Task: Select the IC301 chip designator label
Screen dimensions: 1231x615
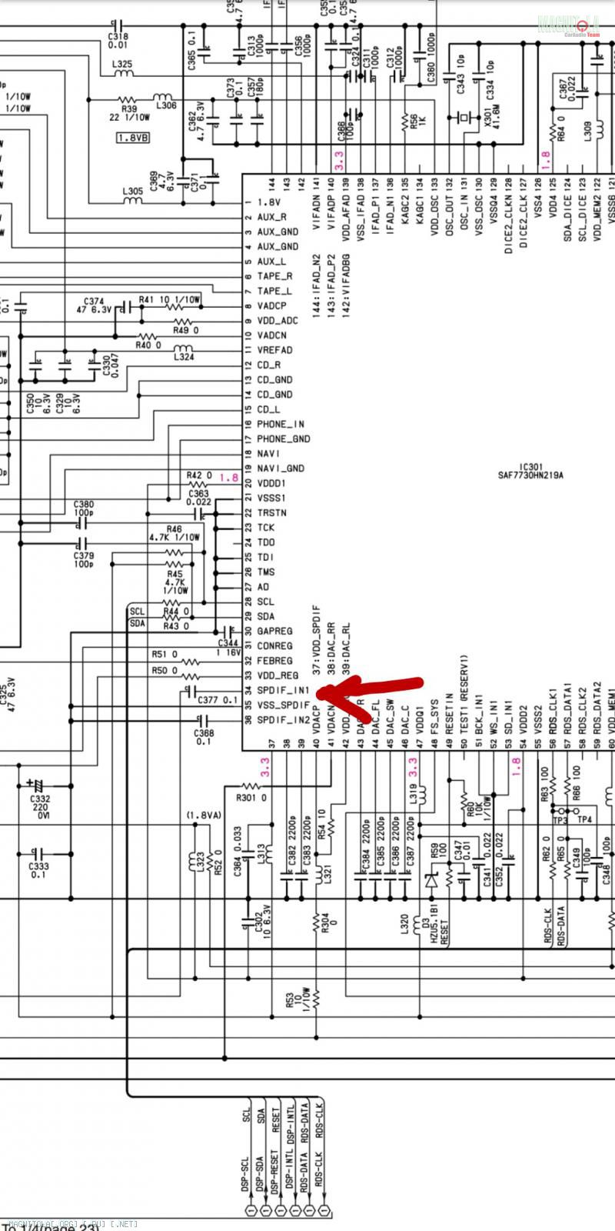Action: click(x=530, y=466)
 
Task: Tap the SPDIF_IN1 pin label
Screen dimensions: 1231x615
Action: click(x=283, y=690)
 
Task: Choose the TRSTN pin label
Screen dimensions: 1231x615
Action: click(x=272, y=512)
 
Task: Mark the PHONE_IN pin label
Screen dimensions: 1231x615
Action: click(x=281, y=424)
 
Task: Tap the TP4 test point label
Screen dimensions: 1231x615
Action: click(x=585, y=819)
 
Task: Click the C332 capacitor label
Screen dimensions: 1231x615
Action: click(x=40, y=799)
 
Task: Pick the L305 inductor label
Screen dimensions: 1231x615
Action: click(x=132, y=191)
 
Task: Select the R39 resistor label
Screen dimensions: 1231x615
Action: click(x=128, y=100)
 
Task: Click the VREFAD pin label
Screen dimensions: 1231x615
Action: click(x=274, y=350)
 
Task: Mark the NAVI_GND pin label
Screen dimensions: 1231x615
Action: click(x=281, y=468)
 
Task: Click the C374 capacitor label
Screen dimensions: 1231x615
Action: click(x=94, y=301)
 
